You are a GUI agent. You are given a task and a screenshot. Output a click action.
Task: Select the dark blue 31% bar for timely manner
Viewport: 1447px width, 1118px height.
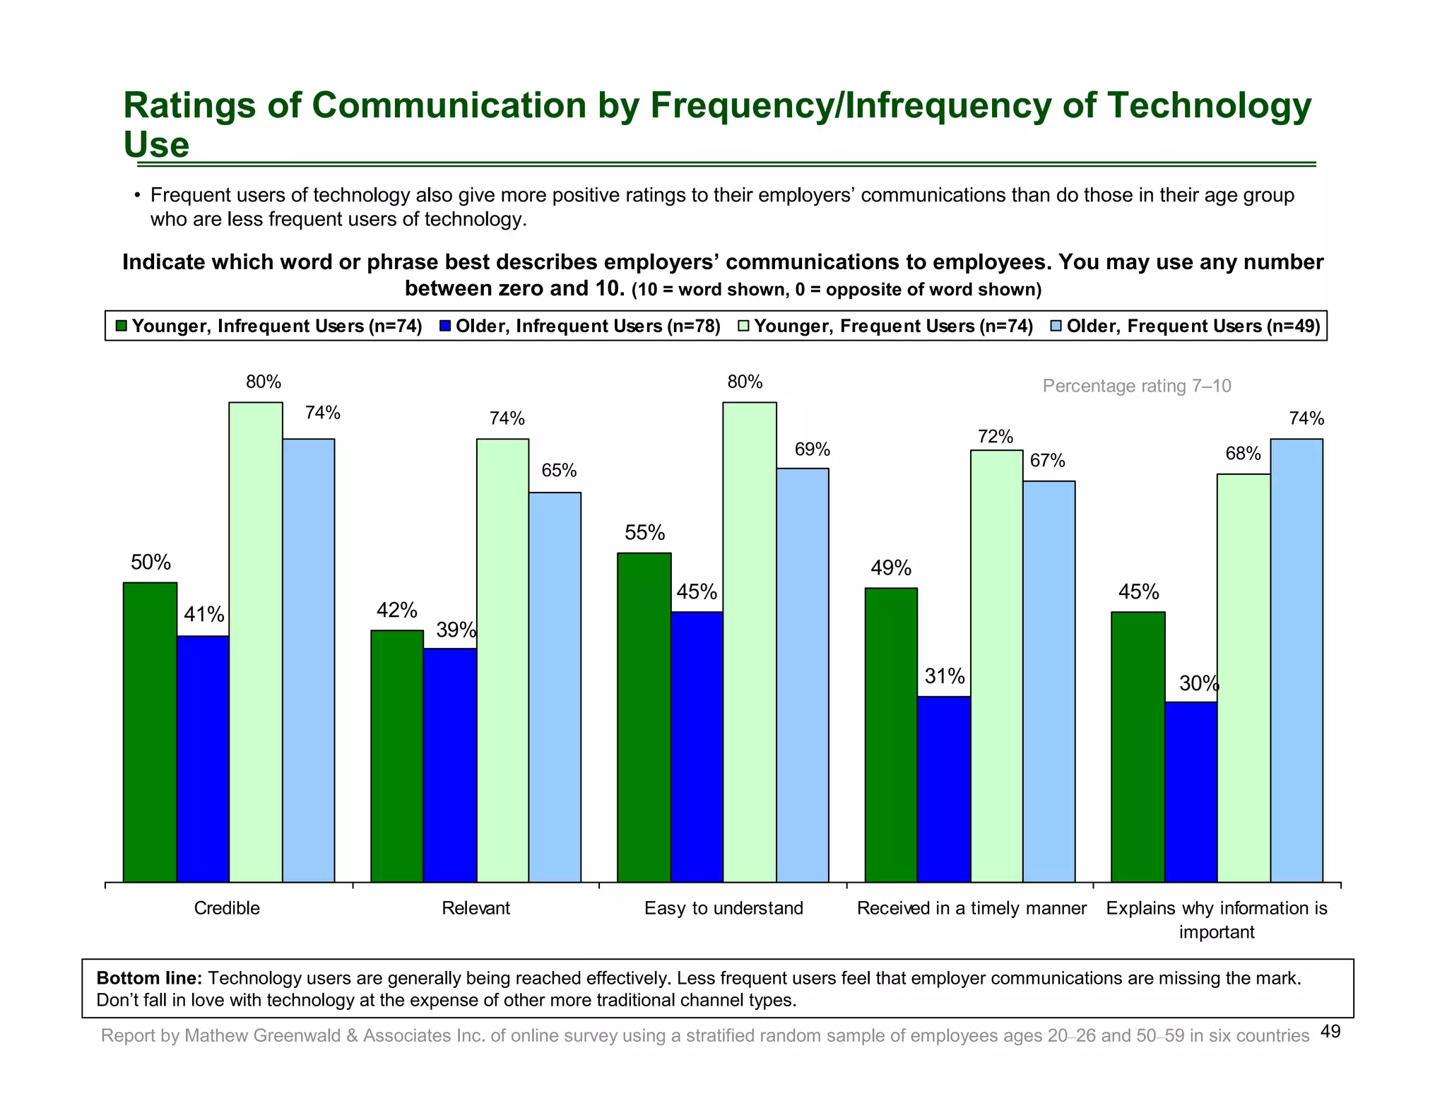[x=943, y=789]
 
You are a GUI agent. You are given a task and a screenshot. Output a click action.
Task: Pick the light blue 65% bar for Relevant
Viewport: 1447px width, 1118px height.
[x=555, y=687]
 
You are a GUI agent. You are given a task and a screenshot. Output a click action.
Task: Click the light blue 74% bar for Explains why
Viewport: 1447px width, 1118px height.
[x=1297, y=660]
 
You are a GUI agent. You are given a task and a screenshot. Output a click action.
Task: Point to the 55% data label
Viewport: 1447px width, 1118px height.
[x=644, y=532]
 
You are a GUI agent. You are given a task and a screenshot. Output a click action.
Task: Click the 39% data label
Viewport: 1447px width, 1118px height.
[x=456, y=630]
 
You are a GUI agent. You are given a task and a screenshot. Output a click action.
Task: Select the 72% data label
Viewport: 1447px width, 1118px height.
[x=996, y=437]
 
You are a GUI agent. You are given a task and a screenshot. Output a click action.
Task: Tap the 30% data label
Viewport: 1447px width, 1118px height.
[x=1198, y=683]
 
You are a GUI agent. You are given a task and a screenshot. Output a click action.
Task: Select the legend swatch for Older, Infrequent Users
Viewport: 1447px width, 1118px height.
[x=445, y=326]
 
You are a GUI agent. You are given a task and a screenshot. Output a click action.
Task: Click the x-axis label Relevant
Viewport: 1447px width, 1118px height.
[x=476, y=908]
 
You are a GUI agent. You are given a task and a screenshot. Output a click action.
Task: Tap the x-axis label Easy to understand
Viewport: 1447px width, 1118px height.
[x=723, y=908]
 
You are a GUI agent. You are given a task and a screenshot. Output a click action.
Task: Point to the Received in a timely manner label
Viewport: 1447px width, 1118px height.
[x=971, y=908]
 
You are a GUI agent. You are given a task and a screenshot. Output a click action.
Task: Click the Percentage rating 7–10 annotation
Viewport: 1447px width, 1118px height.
[x=1136, y=386]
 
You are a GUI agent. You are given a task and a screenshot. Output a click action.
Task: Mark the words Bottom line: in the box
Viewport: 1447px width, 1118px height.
[x=149, y=978]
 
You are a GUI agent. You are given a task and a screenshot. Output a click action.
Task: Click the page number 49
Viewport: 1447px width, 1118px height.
[x=1330, y=1032]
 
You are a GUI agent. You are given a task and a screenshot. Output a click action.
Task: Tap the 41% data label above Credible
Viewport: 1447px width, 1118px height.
[x=203, y=615]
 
